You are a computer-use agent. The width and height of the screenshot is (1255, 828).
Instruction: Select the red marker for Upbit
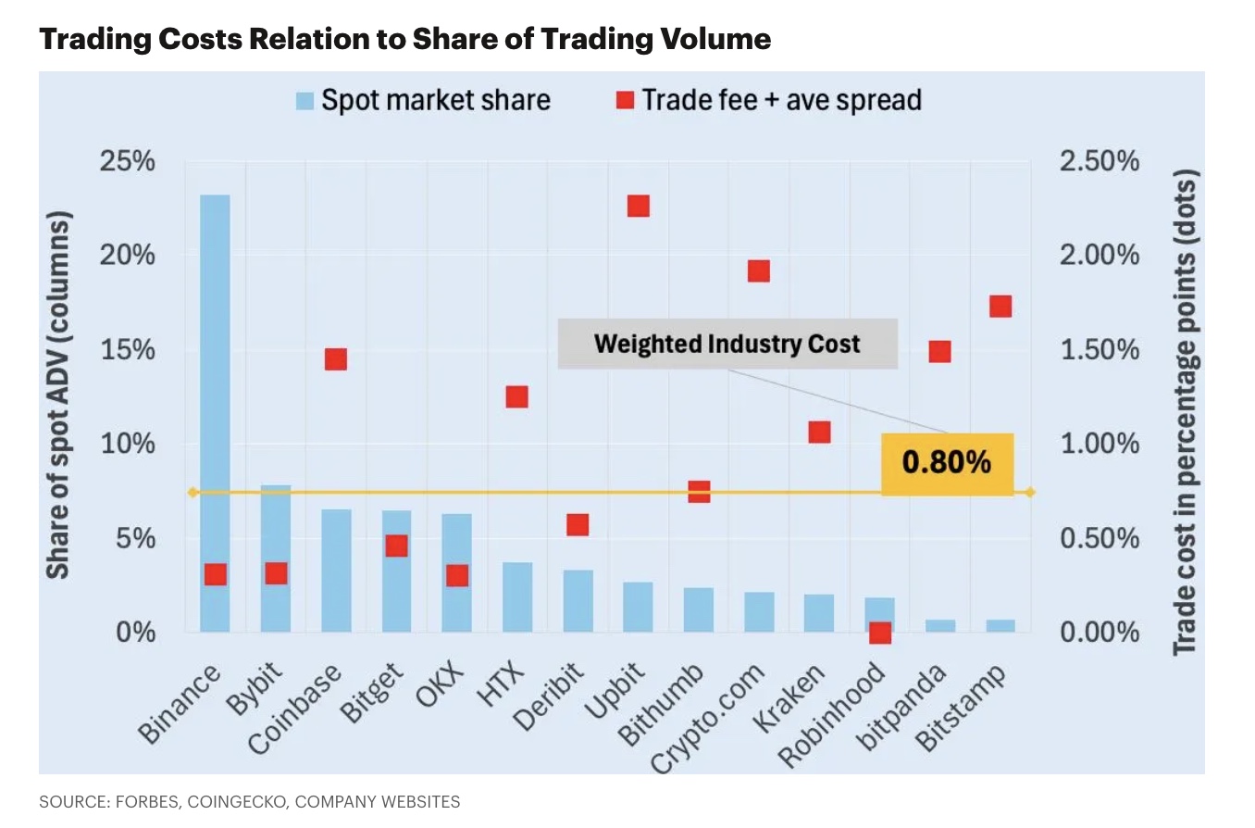(639, 206)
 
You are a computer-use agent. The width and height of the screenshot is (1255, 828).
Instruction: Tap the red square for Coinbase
(336, 359)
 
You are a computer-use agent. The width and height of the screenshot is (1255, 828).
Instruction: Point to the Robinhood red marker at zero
(879, 633)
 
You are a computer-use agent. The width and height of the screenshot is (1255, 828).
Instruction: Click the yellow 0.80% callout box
(947, 463)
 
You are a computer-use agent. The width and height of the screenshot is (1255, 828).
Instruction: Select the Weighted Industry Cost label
(727, 345)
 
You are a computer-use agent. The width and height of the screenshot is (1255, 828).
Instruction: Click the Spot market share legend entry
(423, 100)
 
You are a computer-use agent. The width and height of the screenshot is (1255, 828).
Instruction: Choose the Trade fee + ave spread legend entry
(769, 100)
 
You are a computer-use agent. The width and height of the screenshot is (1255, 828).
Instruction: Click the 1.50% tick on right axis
(1099, 350)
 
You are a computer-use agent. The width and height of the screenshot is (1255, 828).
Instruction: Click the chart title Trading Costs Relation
(404, 39)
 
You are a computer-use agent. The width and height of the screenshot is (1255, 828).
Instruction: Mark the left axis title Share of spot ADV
(58, 396)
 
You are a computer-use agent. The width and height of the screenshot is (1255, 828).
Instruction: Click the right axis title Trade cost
(1187, 412)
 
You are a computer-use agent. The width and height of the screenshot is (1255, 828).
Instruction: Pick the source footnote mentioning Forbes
(249, 801)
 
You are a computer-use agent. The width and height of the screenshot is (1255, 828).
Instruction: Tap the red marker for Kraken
(819, 433)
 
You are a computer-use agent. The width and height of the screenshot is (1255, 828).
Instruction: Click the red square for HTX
(516, 396)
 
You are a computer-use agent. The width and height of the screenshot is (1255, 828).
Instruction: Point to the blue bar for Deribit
(578, 601)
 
